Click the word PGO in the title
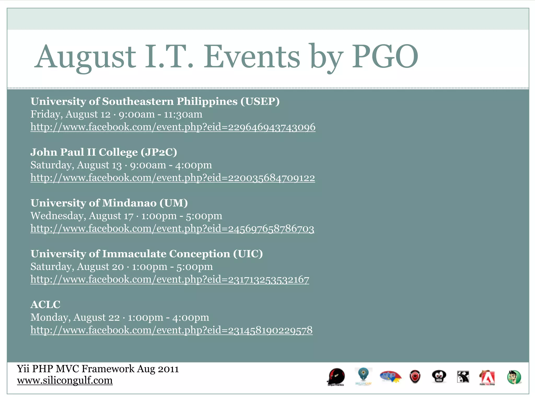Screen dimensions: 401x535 pos(385,57)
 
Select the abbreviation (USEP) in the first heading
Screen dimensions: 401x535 pos(260,101)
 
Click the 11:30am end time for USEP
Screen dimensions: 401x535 pos(183,114)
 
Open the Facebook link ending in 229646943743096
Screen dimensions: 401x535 pos(173,127)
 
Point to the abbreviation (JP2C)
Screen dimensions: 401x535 pos(159,152)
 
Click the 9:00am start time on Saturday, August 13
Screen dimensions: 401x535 pos(148,165)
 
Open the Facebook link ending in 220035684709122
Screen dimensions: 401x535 pos(173,178)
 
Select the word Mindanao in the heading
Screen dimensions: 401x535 pos(129,203)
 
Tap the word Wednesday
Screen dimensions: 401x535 pos(57,216)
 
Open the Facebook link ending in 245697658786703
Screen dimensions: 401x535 pos(172,229)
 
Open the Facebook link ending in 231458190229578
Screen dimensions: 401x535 pos(171,330)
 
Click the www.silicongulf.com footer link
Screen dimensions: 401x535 pos(65,380)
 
